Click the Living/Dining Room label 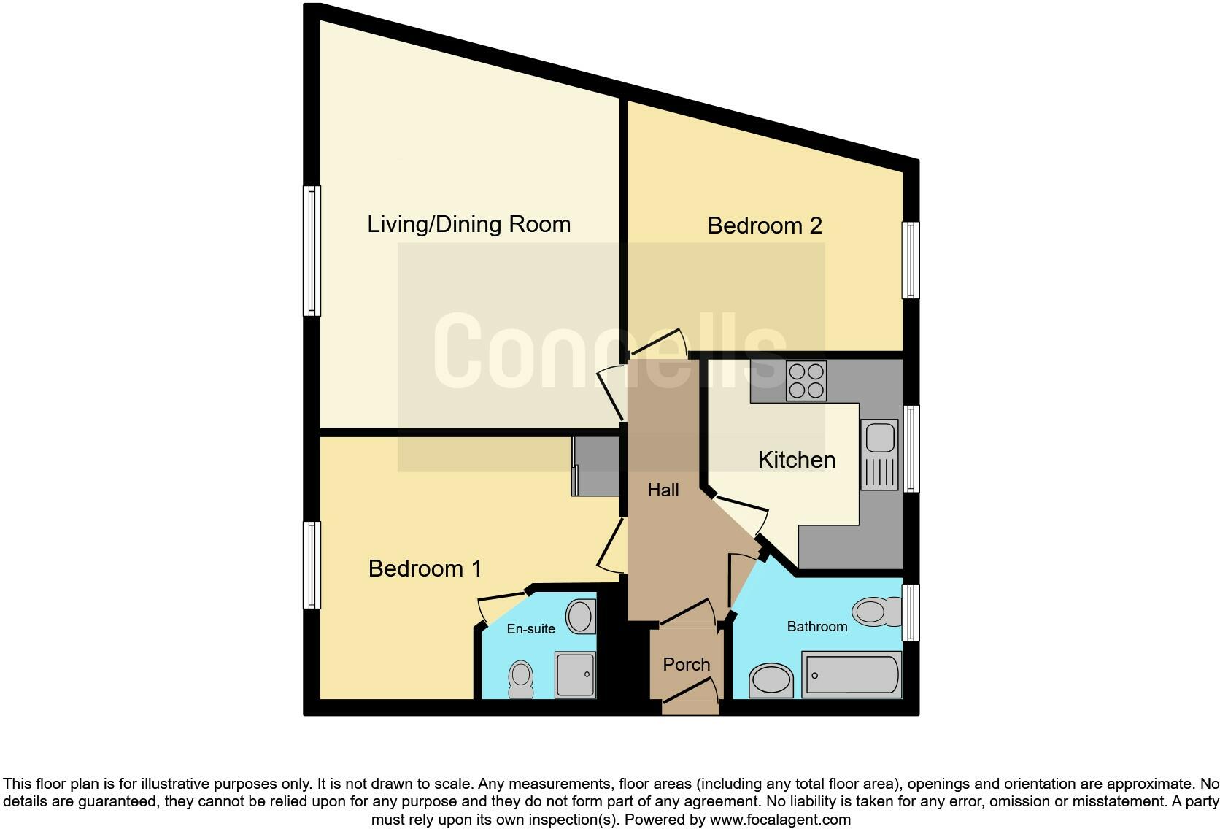tap(468, 224)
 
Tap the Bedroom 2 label tap(765, 225)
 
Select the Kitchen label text tap(797, 460)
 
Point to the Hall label tap(663, 490)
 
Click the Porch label tap(686, 664)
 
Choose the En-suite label tap(531, 628)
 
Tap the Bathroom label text tap(817, 626)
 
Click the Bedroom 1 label tap(425, 568)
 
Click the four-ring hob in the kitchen tap(806, 381)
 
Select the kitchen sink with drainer tap(880, 454)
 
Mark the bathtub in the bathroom tap(852, 674)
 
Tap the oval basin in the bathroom tap(771, 681)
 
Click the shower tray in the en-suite tap(575, 674)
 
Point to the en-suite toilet tap(521, 679)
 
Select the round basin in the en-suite tap(581, 616)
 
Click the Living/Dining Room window tap(312, 250)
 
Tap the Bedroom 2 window tap(910, 261)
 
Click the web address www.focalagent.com tap(780, 820)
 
